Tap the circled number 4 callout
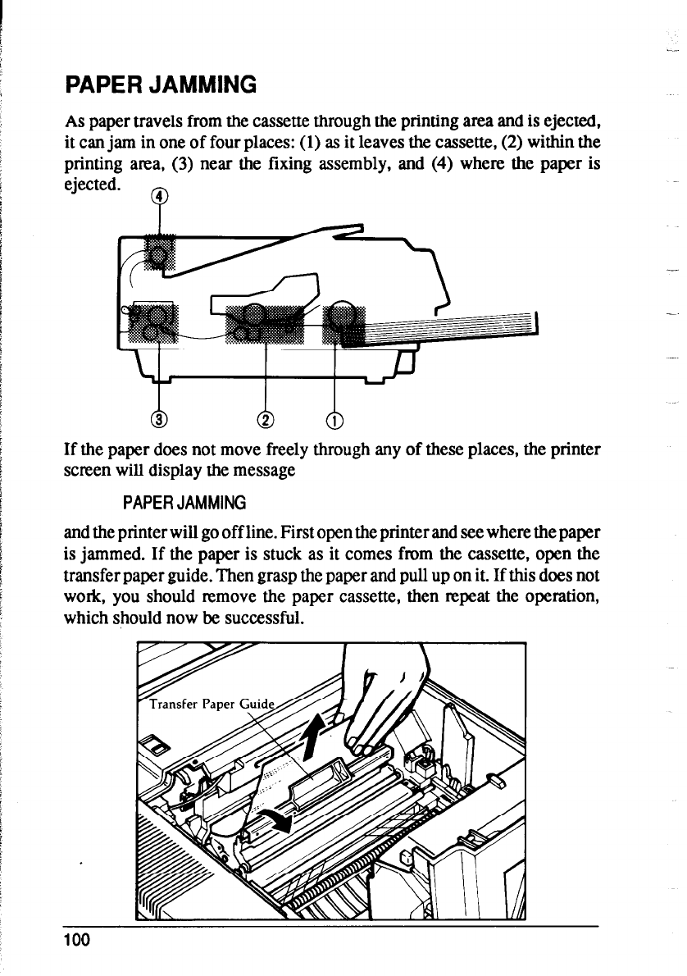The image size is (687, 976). [162, 196]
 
